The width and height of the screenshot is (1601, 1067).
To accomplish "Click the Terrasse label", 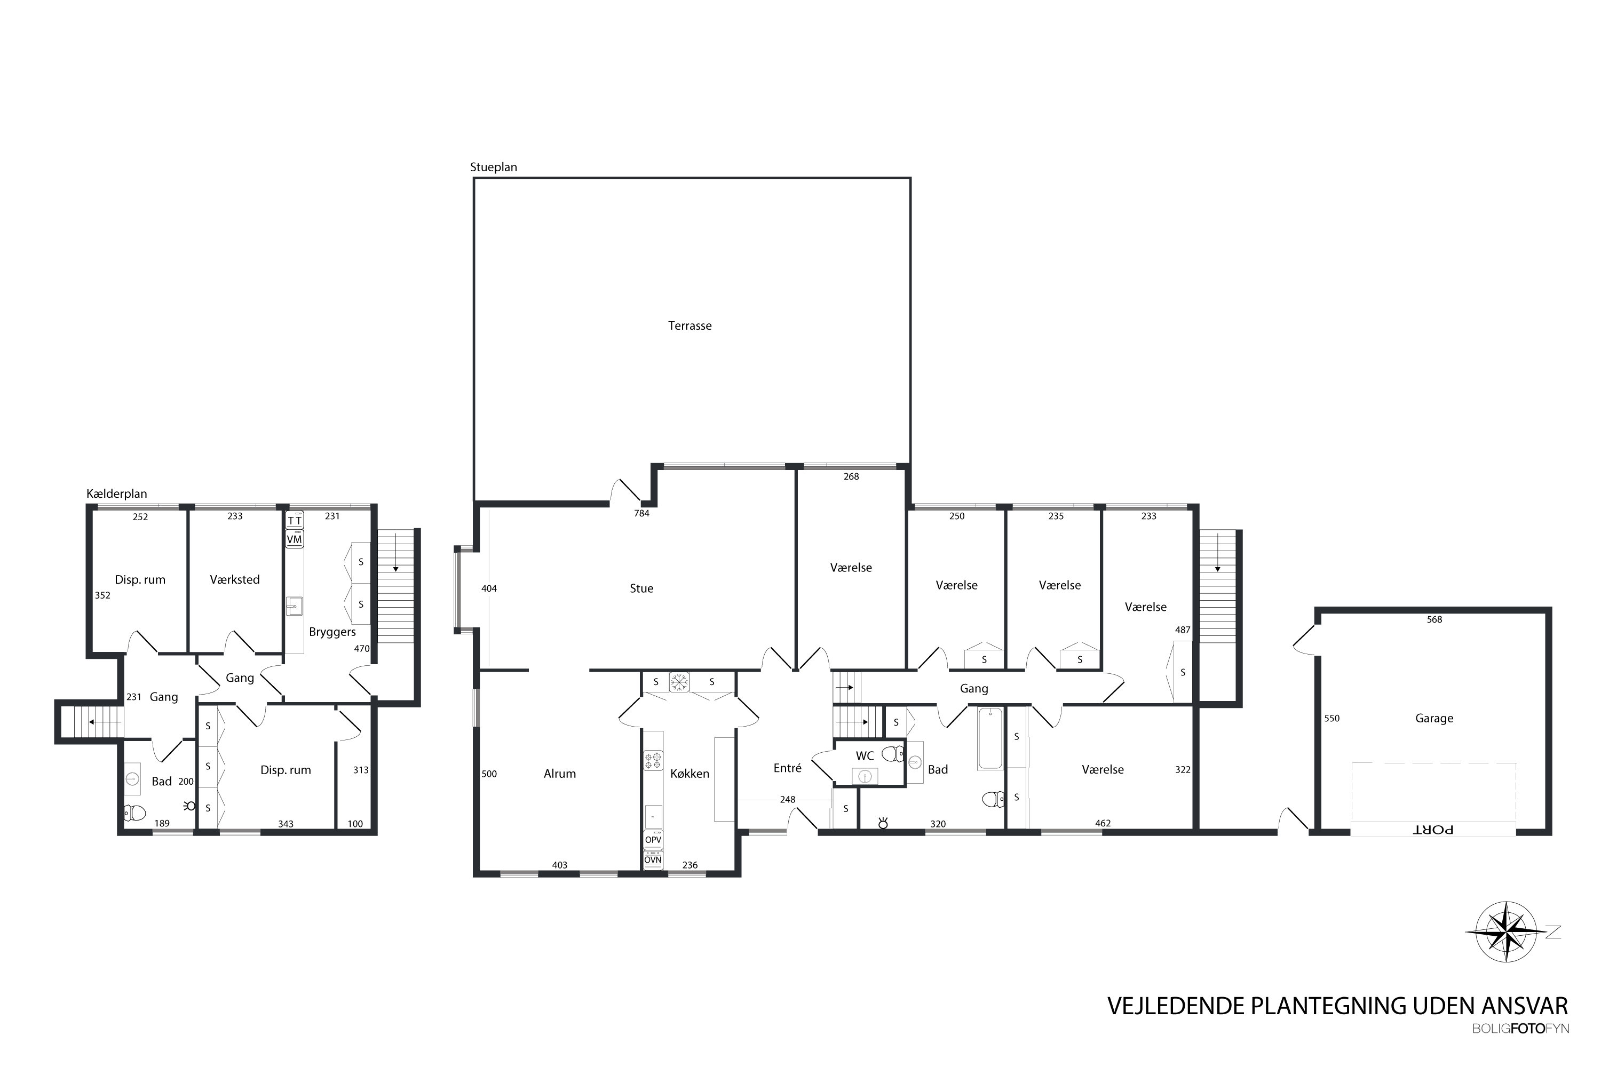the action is [x=689, y=326].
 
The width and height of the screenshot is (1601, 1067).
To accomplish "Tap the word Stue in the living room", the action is [x=641, y=588].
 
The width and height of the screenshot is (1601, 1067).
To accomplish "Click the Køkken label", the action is [x=689, y=774].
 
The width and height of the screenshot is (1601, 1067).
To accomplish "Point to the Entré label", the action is [x=788, y=768].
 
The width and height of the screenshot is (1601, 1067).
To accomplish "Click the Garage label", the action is [x=1434, y=719].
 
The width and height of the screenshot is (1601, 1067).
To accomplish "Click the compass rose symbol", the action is [x=1507, y=931].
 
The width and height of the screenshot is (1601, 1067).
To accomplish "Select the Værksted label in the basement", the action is [x=234, y=580].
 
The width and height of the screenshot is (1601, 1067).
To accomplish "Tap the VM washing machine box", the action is [x=294, y=539].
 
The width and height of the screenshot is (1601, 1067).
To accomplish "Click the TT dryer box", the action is [x=294, y=521].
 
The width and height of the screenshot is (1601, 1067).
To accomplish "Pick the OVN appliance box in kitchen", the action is [x=653, y=860].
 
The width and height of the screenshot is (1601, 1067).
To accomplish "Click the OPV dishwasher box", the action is [x=653, y=840].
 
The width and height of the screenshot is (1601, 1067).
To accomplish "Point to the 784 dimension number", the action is [x=641, y=514].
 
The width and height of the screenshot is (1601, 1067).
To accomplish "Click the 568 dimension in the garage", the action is [x=1434, y=620].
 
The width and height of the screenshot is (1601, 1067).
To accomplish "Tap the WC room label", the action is [x=865, y=756].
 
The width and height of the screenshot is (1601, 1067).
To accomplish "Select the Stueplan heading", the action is [x=494, y=168].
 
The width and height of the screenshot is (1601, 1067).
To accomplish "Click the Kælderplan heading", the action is [x=116, y=494].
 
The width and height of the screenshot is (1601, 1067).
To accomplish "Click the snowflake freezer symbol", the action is [x=679, y=682].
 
